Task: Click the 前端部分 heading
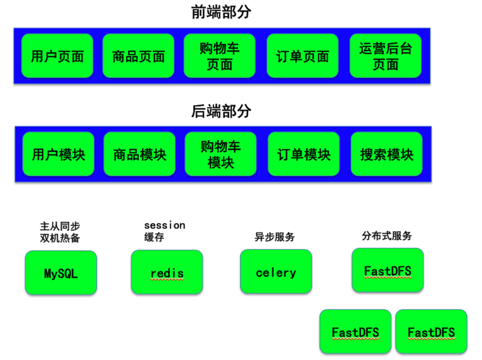tap(221, 12)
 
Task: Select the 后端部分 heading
tap(221, 111)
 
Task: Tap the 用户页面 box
tap(57, 56)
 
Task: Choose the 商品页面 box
tap(138, 56)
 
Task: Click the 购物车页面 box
tap(220, 56)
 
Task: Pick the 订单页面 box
tap(303, 56)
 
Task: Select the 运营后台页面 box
tap(386, 56)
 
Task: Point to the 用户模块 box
tap(58, 154)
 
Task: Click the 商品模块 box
tap(139, 154)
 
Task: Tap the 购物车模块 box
tap(220, 154)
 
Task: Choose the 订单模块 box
tap(304, 154)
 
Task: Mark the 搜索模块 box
tap(387, 154)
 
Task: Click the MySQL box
tap(61, 273)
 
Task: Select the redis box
tap(167, 272)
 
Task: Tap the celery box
tap(276, 271)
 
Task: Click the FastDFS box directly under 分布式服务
tap(388, 270)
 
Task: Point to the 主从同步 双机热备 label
tap(60, 232)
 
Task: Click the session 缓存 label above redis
tap(165, 231)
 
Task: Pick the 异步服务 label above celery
tap(274, 236)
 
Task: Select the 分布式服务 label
tap(387, 236)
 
